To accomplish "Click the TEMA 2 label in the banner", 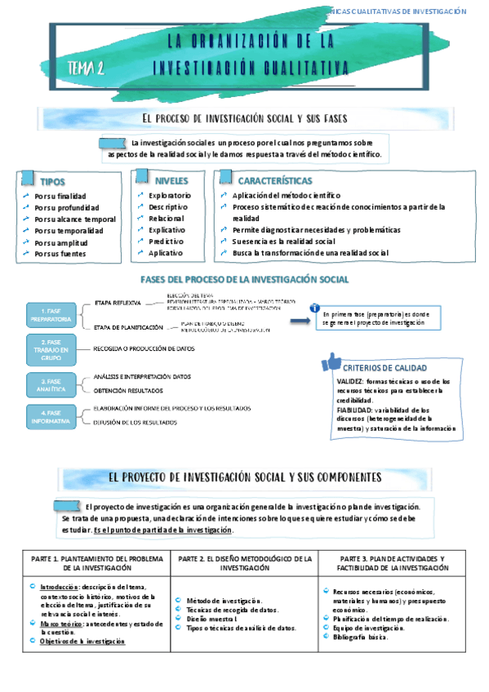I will click(x=85, y=69).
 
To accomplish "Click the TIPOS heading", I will click(x=52, y=182).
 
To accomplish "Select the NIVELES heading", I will click(x=171, y=180).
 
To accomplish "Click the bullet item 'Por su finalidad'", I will click(x=60, y=196).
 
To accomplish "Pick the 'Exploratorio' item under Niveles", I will click(x=169, y=196).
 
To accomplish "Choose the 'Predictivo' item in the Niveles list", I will click(x=167, y=242).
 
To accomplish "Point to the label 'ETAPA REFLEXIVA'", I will click(x=118, y=303).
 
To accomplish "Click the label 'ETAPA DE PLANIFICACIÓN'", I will click(x=128, y=327).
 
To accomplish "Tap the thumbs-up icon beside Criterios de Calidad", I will click(x=331, y=362).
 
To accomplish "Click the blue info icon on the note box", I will click(x=315, y=308).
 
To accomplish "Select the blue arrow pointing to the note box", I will click(x=300, y=321).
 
